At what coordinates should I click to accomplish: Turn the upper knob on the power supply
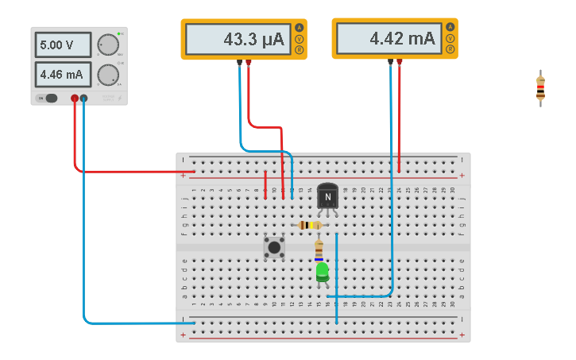[x=106, y=45]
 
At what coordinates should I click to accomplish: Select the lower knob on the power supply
[x=106, y=74]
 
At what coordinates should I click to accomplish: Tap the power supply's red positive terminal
[x=75, y=99]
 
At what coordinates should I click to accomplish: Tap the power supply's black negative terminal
[x=83, y=99]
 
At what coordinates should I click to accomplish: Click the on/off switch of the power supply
[x=50, y=99]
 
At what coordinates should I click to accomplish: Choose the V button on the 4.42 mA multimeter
[x=450, y=38]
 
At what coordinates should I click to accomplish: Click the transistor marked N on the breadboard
[x=327, y=197]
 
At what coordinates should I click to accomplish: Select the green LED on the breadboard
[x=322, y=272]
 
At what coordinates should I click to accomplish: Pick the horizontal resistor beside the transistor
[x=309, y=225]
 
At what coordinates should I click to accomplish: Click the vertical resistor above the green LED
[x=319, y=250]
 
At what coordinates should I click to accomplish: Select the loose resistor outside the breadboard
[x=540, y=87]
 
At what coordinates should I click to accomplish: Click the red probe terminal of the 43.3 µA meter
[x=249, y=62]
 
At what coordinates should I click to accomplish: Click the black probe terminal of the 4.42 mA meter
[x=390, y=61]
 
